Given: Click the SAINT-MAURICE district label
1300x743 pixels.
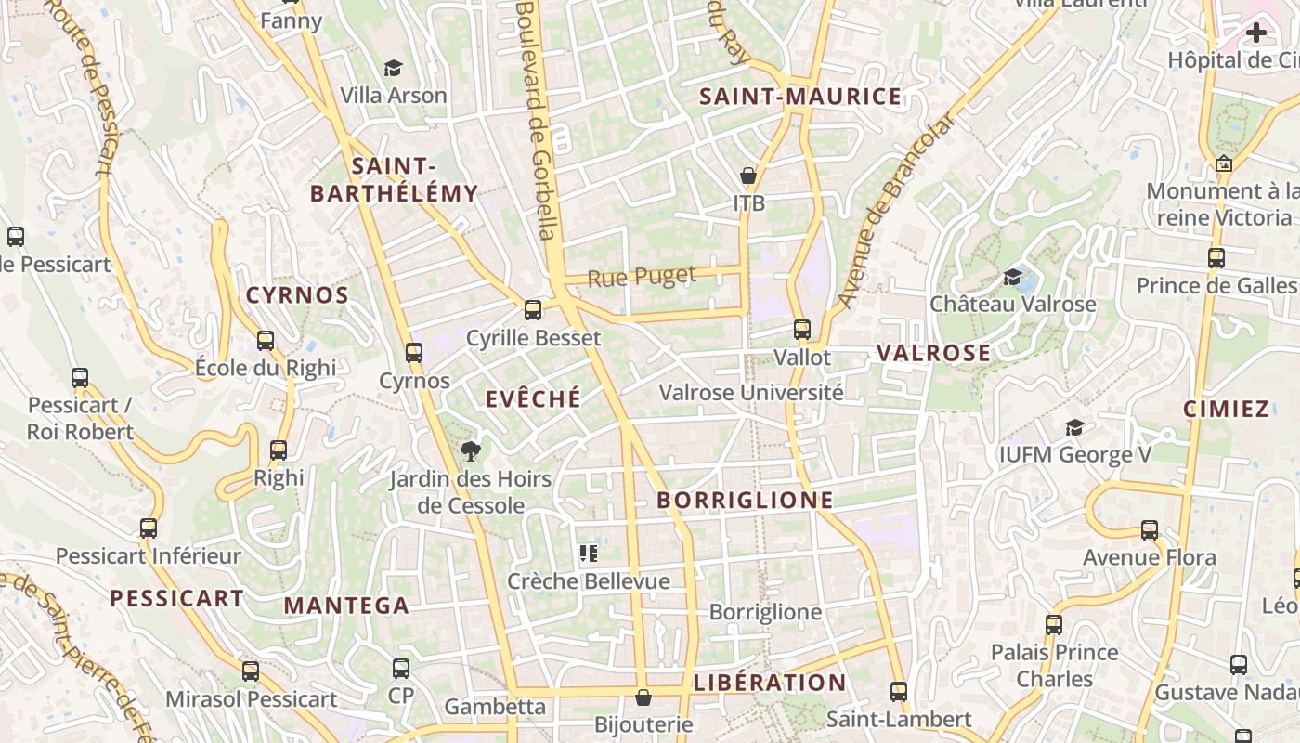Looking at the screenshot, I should [799, 97].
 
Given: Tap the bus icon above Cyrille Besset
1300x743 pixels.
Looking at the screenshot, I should [533, 309].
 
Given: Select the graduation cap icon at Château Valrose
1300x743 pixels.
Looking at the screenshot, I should [1012, 277].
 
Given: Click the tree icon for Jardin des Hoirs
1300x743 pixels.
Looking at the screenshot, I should [471, 451].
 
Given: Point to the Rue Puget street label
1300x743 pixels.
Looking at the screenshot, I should [641, 276].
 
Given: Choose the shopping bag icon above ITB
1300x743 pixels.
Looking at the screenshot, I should [748, 176].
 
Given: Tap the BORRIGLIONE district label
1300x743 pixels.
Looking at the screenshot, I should [745, 500].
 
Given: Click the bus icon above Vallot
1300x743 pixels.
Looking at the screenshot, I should [802, 330].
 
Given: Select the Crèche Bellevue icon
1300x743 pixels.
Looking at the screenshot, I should [589, 554].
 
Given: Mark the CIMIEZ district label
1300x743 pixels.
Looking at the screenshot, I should [1226, 409].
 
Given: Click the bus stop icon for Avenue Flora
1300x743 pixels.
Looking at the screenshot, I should [1150, 530].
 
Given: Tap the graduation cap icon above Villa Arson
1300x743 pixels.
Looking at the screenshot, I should [393, 68].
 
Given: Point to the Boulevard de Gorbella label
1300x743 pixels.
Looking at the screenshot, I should [536, 121].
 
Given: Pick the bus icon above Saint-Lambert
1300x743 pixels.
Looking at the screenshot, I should [898, 692].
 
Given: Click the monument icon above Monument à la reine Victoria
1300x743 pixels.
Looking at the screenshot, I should [1224, 163].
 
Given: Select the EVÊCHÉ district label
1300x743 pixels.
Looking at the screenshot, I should [533, 398].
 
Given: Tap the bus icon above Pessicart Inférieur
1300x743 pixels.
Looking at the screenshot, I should [149, 528].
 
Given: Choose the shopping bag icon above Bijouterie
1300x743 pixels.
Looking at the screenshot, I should [643, 697].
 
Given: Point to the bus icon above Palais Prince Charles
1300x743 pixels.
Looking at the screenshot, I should [1054, 625].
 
